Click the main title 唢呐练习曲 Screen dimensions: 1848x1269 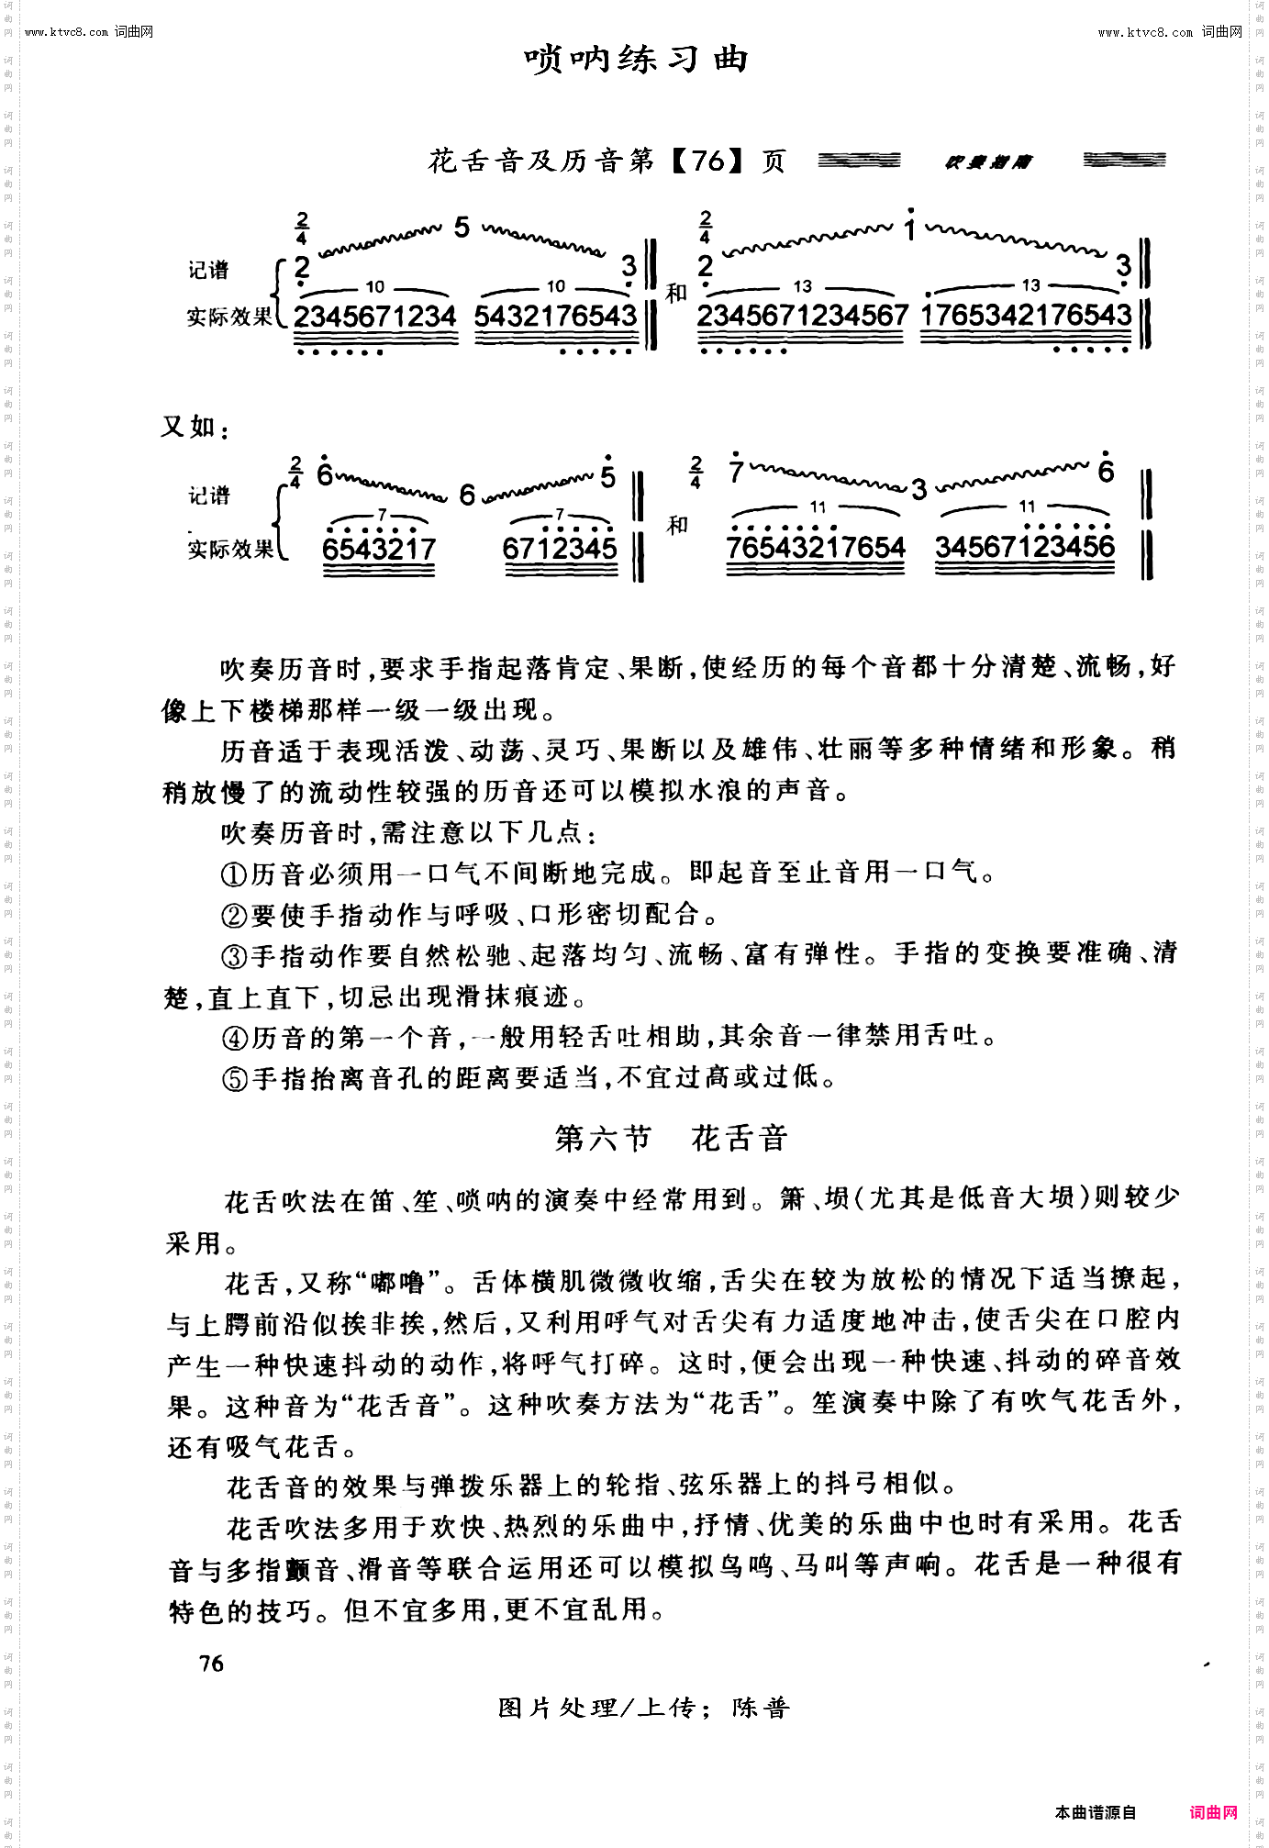point(637,60)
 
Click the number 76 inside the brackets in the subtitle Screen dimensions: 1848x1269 point(707,161)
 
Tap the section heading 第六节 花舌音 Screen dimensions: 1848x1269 point(672,1139)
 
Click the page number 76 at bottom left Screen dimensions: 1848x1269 point(211,1664)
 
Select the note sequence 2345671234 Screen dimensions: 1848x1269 point(374,317)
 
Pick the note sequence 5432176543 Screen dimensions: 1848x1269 point(555,317)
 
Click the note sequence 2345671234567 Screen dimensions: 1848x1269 point(802,316)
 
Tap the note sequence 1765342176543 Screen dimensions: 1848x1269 point(1026,316)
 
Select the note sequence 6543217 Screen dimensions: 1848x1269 point(379,549)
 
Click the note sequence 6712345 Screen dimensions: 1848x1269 point(560,549)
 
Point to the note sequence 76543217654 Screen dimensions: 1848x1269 point(816,548)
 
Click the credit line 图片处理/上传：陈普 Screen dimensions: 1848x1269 point(643,1708)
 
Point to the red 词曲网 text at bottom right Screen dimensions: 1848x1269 point(1214,1812)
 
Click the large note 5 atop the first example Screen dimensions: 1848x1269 point(462,228)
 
